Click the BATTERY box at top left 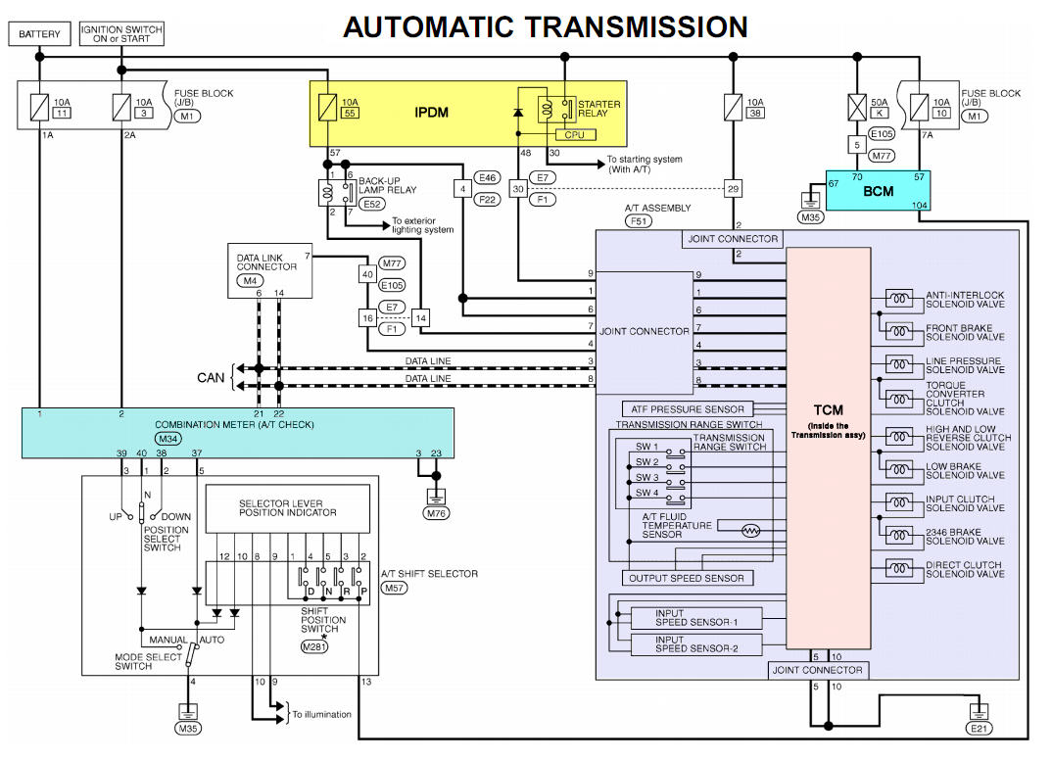(39, 35)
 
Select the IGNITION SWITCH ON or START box (120, 35)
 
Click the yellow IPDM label (431, 113)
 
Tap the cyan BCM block (879, 191)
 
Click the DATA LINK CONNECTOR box (268, 270)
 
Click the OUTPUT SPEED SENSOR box (688, 578)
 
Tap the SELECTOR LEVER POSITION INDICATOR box (287, 508)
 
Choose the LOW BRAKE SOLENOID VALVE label (965, 470)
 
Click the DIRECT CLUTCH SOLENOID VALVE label (965, 569)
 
